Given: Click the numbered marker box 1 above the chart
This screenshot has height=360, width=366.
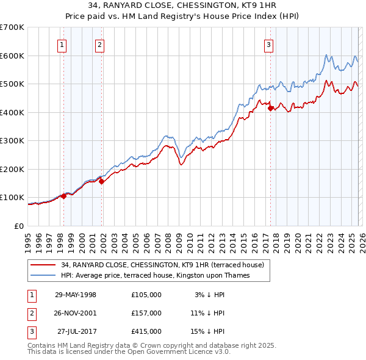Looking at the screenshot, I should (63, 44).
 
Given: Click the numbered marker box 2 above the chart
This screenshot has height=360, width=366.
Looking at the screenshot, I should (99, 44).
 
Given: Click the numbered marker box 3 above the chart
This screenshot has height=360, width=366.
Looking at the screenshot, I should (268, 44).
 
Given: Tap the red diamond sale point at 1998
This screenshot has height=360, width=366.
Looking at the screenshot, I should (63, 196).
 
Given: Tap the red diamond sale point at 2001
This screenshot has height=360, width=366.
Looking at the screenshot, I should (101, 181).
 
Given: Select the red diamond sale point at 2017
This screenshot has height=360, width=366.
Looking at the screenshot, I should (271, 109).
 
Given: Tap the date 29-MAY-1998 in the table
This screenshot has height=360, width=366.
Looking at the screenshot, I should (76, 295).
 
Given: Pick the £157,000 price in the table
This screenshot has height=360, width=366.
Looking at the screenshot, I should (146, 313).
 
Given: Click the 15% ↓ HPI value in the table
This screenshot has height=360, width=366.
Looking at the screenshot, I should (208, 331).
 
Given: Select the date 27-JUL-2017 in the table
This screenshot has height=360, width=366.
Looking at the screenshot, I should (76, 331).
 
